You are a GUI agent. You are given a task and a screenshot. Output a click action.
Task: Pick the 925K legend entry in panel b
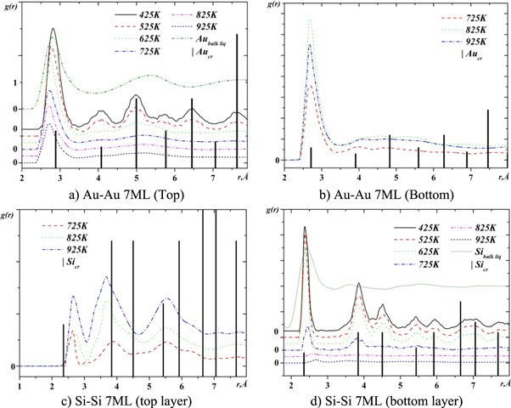(465, 41)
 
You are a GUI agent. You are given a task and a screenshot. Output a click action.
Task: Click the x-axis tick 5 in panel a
(136, 176)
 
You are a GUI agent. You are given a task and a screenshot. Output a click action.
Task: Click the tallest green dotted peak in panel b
(310, 21)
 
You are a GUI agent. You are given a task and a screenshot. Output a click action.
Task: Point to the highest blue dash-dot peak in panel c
(105, 277)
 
